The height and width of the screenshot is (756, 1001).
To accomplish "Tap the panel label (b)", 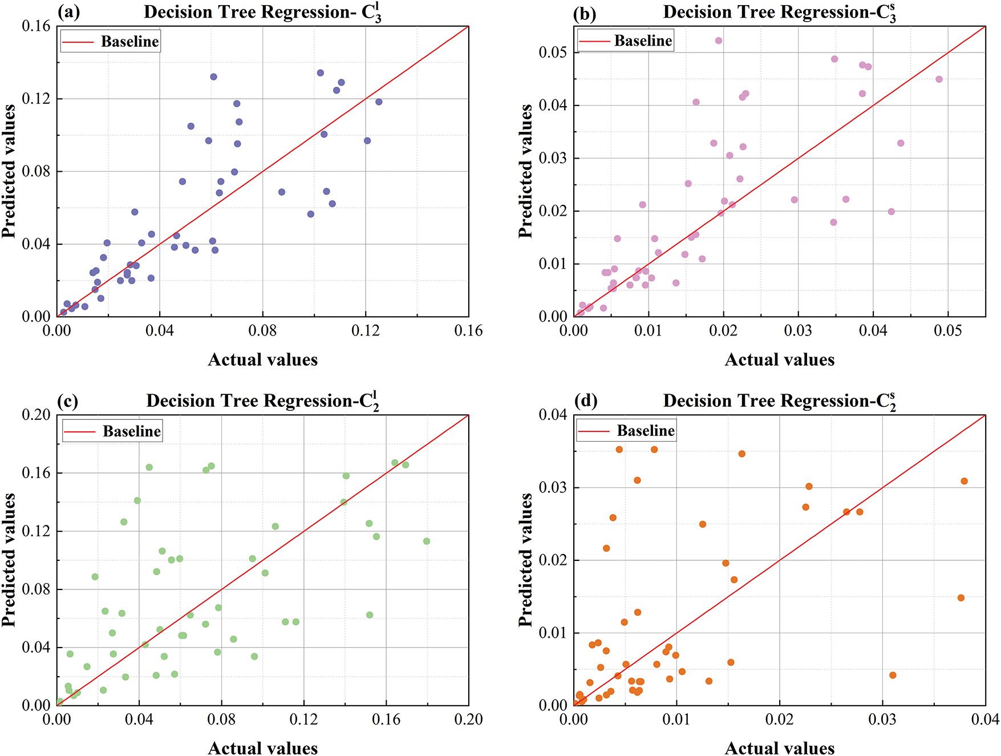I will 584,14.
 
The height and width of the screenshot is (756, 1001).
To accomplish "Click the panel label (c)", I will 67,402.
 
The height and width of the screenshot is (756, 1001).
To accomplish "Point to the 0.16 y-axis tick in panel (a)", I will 36,26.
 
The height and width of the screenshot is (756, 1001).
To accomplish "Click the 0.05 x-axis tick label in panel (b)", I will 948,331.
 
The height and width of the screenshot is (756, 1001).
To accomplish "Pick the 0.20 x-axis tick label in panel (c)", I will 468,719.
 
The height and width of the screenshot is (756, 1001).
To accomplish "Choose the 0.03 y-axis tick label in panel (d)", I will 553,488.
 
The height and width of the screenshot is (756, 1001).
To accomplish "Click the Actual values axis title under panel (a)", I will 262,359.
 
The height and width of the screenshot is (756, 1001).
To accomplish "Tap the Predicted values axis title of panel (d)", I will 525,560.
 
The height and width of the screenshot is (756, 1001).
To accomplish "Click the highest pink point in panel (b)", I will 719,41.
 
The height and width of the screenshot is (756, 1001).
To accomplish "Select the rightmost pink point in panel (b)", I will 939,79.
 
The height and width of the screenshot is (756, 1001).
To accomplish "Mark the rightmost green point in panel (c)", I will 427,541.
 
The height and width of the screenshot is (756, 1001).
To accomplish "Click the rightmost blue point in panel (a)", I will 379,102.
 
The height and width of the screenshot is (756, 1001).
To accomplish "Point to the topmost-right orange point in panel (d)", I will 964,481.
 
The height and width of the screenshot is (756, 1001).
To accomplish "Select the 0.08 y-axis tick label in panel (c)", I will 36,589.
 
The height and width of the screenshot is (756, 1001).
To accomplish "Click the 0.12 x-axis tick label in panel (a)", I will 366,331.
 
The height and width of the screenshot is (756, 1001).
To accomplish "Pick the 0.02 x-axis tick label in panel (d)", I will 780,719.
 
